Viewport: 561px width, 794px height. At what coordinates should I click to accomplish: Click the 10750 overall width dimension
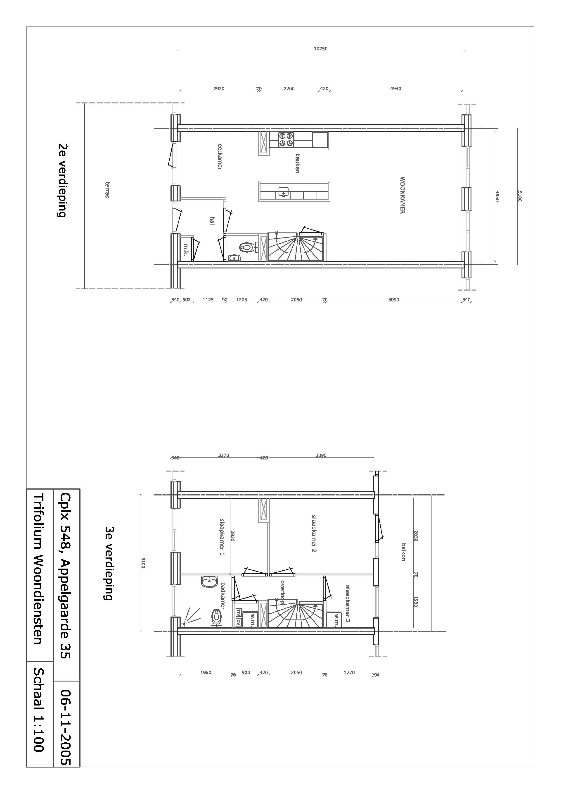(320, 49)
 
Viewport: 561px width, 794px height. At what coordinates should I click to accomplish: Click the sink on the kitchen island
(284, 191)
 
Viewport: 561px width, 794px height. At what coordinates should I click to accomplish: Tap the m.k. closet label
(186, 250)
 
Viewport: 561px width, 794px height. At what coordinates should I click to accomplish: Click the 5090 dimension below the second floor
(393, 299)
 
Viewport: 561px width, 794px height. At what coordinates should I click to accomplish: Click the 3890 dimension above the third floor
(321, 455)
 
